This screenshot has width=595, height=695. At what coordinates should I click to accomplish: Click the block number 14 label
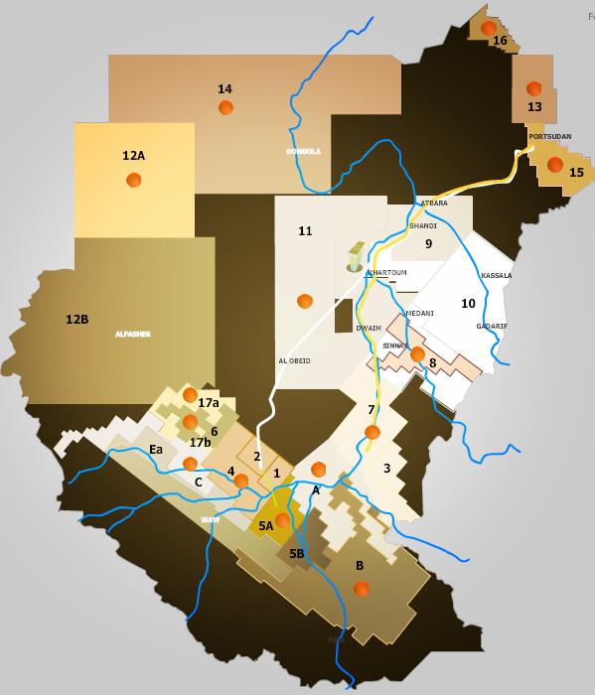224,89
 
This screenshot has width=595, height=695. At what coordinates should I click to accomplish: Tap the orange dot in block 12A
133,180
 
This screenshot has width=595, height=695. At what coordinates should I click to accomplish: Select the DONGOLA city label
303,152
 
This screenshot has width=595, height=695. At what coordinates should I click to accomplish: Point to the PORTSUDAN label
549,137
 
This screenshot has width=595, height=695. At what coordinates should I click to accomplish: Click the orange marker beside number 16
488,29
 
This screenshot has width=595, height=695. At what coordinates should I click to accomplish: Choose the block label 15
576,173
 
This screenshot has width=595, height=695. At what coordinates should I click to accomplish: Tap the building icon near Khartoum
355,256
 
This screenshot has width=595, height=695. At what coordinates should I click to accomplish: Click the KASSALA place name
496,276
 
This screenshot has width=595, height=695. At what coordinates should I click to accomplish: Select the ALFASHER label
132,335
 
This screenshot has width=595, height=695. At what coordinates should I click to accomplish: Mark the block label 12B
76,320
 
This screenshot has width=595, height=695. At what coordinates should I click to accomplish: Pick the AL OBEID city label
294,361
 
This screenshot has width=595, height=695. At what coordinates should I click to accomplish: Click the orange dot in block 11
304,301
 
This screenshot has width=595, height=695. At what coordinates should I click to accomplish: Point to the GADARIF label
491,327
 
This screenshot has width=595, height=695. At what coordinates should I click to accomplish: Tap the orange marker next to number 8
417,354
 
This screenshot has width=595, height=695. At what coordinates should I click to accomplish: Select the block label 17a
209,403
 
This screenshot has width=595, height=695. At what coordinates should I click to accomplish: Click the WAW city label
210,520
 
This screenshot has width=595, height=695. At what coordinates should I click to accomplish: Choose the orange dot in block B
362,589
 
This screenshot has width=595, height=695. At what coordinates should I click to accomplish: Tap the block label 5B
296,554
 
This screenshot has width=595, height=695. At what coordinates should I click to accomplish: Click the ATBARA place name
434,204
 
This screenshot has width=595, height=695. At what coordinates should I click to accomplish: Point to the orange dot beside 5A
282,520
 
